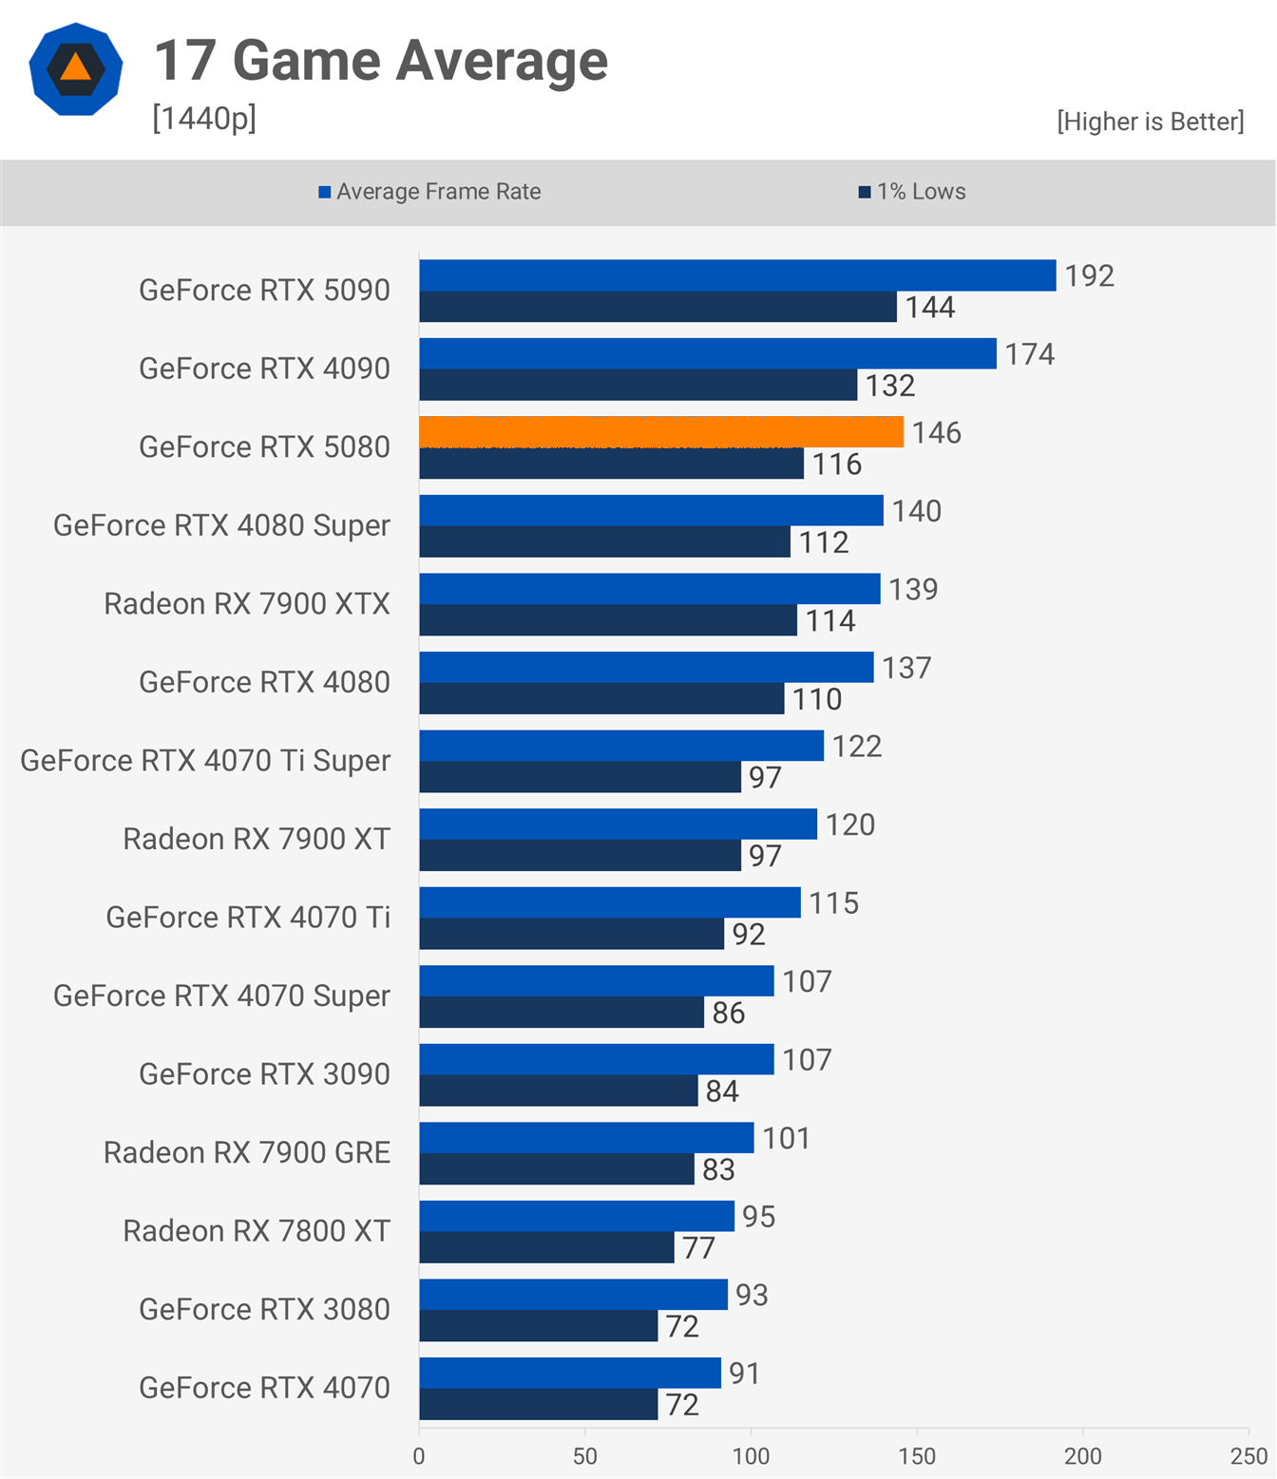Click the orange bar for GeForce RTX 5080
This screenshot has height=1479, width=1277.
click(661, 432)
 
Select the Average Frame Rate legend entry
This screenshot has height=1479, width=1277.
click(429, 192)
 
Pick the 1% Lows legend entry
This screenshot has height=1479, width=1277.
click(912, 192)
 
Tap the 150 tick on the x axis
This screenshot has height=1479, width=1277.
click(917, 1456)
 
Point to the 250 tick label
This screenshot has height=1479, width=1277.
click(1248, 1456)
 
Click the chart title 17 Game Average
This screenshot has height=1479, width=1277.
click(381, 61)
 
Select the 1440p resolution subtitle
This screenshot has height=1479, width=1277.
click(204, 119)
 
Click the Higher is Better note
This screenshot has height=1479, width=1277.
click(1150, 122)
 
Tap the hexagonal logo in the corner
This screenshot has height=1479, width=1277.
click(76, 69)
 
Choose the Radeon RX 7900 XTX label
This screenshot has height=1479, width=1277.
click(247, 604)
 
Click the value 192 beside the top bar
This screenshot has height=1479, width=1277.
click(1089, 275)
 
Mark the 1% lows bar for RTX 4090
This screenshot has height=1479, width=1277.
click(638, 385)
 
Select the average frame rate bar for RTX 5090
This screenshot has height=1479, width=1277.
click(737, 275)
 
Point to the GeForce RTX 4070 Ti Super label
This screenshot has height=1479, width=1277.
click(205, 761)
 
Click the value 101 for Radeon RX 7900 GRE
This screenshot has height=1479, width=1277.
click(786, 1138)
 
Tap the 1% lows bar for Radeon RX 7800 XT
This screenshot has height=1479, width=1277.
click(546, 1247)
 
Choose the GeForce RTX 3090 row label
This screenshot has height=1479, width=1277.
click(264, 1074)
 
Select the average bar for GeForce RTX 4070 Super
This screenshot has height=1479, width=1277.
click(597, 981)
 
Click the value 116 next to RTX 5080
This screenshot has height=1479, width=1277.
click(836, 465)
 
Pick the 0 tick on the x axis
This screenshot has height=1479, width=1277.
click(419, 1456)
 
